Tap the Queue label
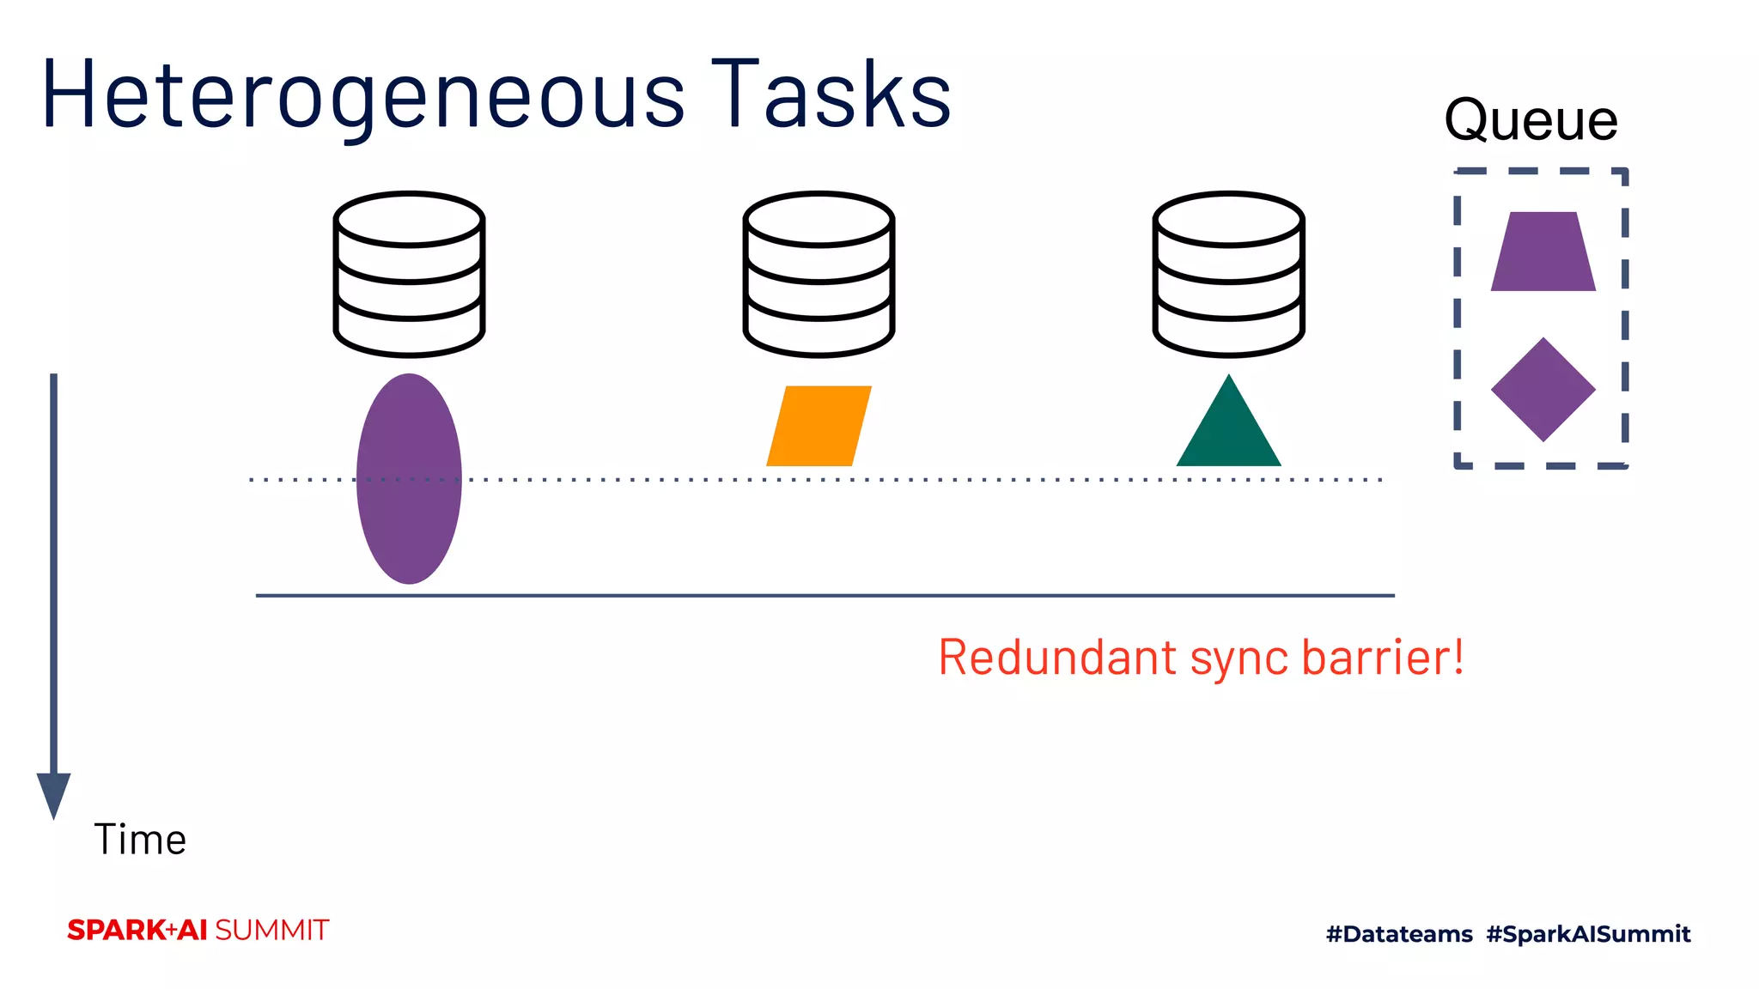click(1531, 120)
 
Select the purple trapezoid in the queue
click(1543, 252)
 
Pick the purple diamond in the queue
click(1543, 390)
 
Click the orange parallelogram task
click(819, 426)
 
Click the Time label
click(139, 840)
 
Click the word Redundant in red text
click(1057, 658)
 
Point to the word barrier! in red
click(1383, 658)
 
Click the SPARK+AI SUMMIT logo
click(198, 931)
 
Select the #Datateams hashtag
click(1399, 934)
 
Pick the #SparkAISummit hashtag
click(1588, 934)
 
